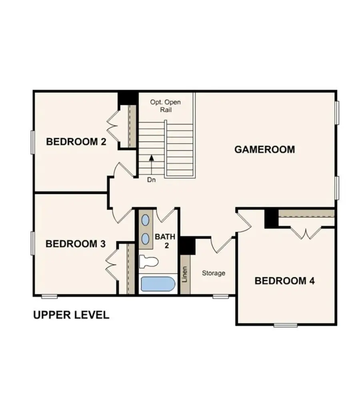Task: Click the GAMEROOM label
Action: click(264, 150)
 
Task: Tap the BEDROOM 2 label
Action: click(76, 142)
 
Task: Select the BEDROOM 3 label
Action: click(76, 244)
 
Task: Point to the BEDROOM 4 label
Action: click(284, 281)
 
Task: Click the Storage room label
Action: click(213, 273)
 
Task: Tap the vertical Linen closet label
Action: click(185, 275)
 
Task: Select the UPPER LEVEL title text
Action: click(71, 315)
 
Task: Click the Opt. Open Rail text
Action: click(165, 106)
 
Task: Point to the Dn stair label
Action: click(151, 180)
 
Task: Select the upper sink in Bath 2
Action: click(146, 221)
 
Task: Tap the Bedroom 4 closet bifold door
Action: click(306, 233)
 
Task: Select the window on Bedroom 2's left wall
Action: click(33, 142)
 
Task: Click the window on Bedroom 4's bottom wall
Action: click(286, 325)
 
